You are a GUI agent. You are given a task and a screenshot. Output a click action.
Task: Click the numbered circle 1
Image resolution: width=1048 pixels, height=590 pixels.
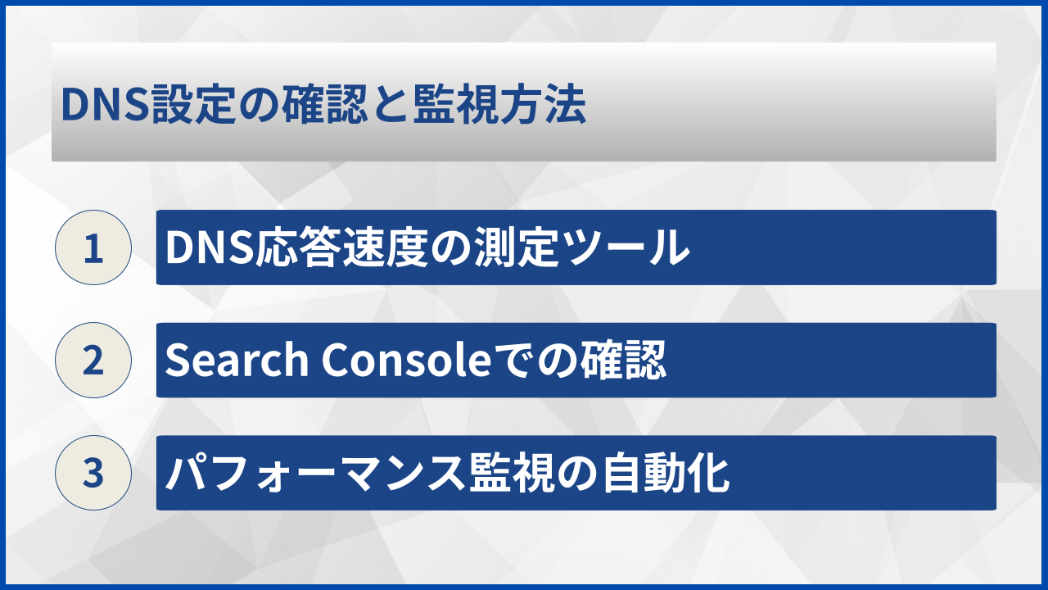pyautogui.click(x=93, y=247)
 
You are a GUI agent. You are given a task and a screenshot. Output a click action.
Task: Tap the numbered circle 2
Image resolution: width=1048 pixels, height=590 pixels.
pyautogui.click(x=93, y=361)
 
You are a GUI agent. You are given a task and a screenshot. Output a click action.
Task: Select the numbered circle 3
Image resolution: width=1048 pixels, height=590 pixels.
pyautogui.click(x=93, y=473)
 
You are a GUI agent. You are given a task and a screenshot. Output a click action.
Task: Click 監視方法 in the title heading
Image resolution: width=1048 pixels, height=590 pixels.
pyautogui.click(x=499, y=107)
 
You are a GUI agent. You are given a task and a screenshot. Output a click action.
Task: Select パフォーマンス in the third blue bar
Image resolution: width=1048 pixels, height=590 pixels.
pyautogui.click(x=316, y=474)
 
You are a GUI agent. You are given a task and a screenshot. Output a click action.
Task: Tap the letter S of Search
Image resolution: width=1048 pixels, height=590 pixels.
pyautogui.click(x=176, y=361)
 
